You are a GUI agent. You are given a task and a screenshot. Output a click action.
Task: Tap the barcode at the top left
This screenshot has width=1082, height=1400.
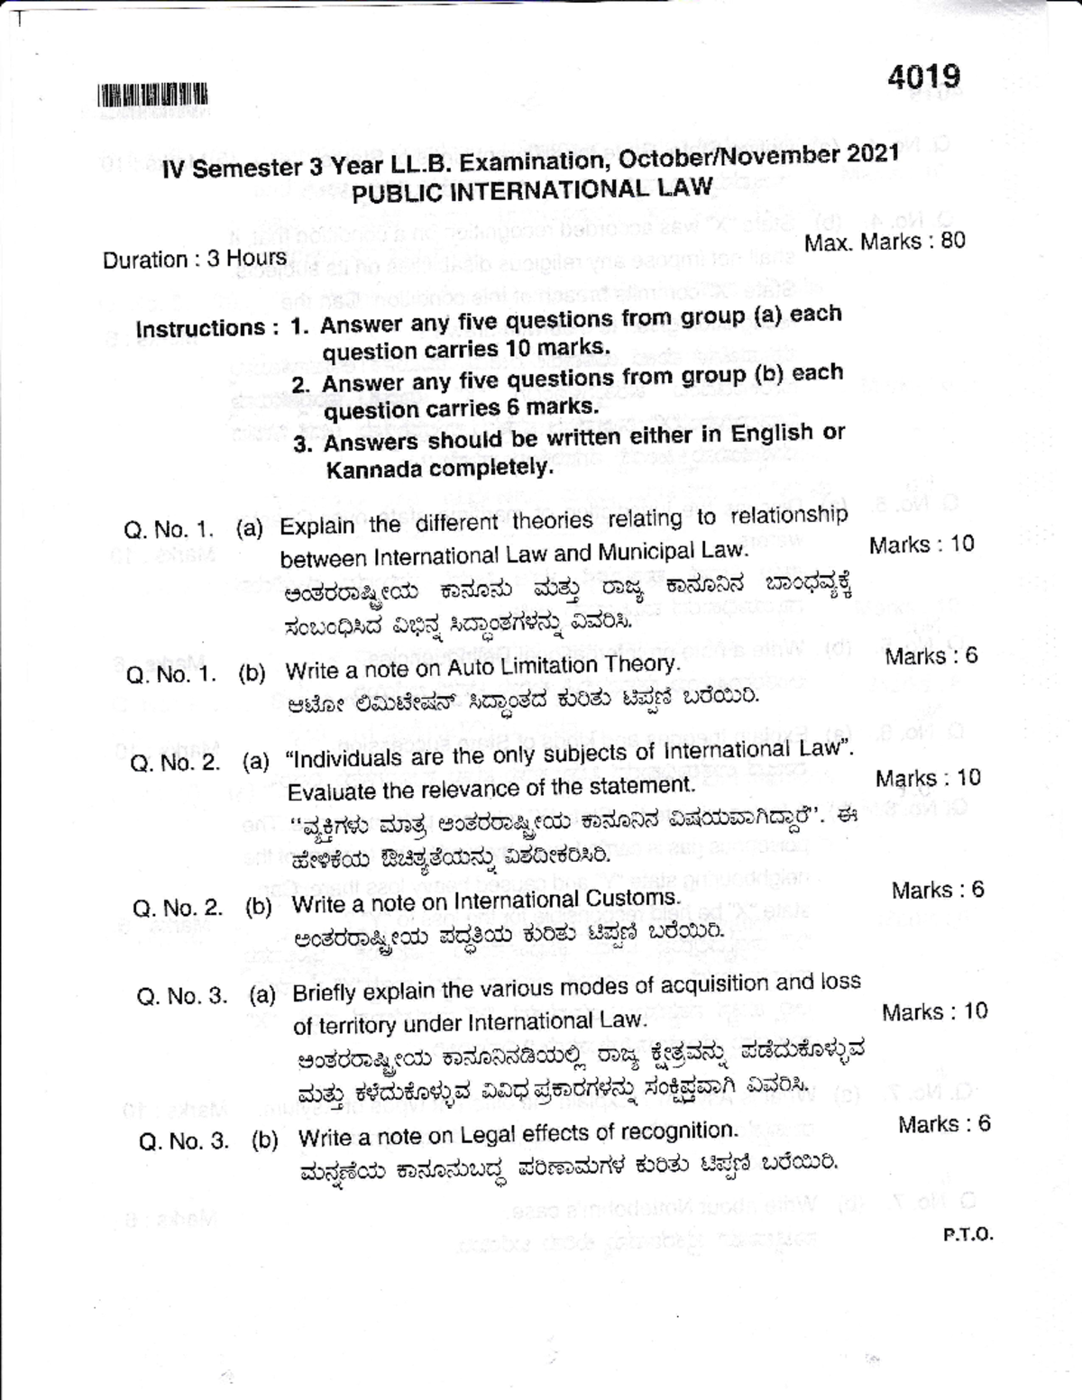click(x=152, y=94)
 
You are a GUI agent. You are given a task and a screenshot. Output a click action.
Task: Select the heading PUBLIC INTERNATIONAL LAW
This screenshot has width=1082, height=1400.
click(x=532, y=190)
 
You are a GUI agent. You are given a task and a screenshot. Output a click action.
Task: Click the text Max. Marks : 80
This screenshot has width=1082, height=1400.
click(x=885, y=242)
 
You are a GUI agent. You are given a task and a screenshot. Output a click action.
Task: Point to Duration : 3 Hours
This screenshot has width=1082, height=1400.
click(x=195, y=259)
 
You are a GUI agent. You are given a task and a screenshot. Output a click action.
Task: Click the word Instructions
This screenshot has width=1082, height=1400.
click(x=200, y=328)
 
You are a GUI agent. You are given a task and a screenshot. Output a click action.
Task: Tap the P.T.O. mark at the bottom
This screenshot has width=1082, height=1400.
click(x=968, y=1234)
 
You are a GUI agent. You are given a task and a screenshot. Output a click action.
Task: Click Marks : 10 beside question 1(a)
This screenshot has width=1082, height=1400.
click(x=922, y=544)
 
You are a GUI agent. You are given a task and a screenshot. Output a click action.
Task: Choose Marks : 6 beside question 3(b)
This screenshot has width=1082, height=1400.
click(x=944, y=1124)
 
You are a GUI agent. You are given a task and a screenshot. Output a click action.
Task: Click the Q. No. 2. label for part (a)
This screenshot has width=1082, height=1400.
click(x=176, y=764)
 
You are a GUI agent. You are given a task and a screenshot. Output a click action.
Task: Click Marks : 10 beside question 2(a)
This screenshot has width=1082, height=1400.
click(x=928, y=778)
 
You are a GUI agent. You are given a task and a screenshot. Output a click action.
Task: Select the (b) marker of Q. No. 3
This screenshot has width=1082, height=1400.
click(x=264, y=1140)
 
